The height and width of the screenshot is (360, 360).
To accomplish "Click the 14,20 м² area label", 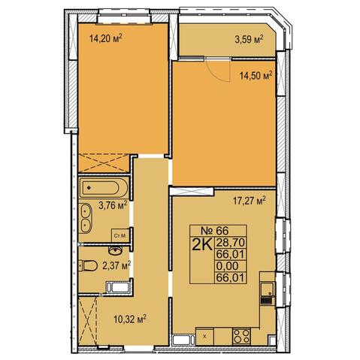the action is [x=106, y=38].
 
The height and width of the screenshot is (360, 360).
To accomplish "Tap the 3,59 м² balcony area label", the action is [x=249, y=39].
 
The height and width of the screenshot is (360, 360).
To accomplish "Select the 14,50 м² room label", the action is [x=256, y=75].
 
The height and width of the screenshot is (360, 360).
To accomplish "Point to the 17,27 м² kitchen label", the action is [x=250, y=201].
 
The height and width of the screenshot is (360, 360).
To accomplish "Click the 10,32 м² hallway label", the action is [x=130, y=319].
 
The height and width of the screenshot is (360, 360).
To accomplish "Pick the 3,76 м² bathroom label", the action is [x=113, y=205].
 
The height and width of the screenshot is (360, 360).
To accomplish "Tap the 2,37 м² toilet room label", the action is [x=116, y=265].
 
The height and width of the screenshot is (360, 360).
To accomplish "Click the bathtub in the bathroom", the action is [x=104, y=187].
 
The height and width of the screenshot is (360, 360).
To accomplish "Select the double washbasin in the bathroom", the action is [x=86, y=218].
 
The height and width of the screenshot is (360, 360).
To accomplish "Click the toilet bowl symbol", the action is [x=88, y=265].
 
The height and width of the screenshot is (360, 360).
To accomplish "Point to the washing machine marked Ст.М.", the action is [x=121, y=235].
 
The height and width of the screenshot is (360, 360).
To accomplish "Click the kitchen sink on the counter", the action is [x=268, y=292].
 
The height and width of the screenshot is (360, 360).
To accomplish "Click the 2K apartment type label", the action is [x=202, y=244].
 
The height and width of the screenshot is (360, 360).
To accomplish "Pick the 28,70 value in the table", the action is [x=230, y=242].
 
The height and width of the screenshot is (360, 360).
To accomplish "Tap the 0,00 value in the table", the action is [x=228, y=265].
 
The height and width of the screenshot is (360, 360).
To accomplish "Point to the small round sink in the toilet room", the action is [x=115, y=250].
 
